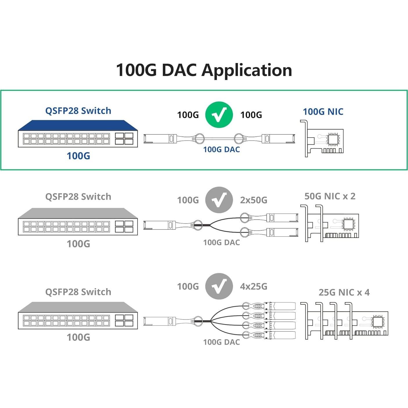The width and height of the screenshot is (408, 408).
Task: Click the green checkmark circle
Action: (219, 115)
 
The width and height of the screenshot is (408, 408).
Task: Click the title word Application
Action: (247, 70)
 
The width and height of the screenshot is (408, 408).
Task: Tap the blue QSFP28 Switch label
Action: (78, 111)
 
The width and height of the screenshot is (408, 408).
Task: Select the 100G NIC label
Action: (323, 111)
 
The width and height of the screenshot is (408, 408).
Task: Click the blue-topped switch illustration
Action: (78, 134)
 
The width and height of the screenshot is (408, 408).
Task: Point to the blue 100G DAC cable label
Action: (221, 149)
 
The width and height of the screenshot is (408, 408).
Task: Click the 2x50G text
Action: (253, 200)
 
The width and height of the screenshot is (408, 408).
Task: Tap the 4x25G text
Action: (253, 286)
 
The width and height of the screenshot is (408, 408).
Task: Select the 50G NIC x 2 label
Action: (330, 196)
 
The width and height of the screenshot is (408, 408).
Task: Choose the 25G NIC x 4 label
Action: (344, 292)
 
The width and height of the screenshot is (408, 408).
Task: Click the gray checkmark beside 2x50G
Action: (219, 200)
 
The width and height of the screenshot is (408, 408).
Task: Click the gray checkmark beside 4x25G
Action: (219, 286)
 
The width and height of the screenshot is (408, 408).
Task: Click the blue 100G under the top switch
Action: (78, 156)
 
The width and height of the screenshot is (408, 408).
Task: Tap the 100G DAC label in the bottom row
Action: (221, 342)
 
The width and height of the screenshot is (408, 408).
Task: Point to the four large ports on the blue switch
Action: (124, 139)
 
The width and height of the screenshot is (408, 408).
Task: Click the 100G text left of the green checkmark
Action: (188, 115)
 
